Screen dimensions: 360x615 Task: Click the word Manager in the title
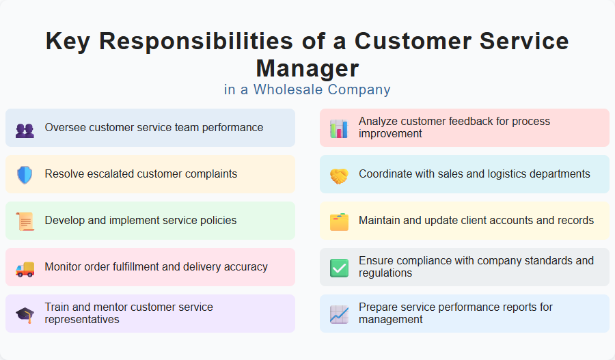point(307,68)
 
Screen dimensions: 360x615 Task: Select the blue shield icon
point(25,175)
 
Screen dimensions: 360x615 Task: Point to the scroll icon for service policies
point(25,221)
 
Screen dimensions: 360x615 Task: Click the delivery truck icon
point(25,268)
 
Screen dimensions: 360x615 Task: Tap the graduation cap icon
point(25,314)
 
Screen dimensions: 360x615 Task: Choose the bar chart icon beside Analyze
point(339,128)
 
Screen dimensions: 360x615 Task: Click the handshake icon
point(339,176)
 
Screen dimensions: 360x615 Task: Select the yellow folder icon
point(339,221)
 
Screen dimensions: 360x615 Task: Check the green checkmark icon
point(339,268)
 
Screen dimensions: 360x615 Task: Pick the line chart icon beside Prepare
point(339,314)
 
